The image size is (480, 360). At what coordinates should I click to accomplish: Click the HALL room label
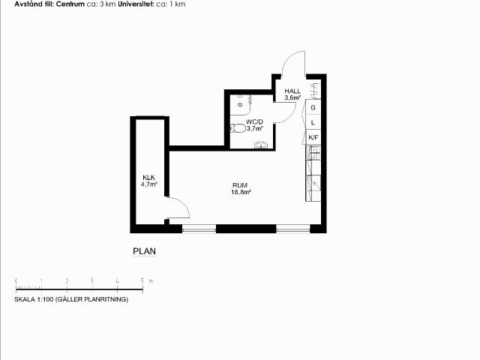[292, 91]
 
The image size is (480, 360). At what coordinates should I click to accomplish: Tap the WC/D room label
[254, 121]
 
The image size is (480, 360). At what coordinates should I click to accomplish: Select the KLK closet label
[148, 178]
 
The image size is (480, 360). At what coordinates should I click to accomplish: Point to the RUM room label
[240, 185]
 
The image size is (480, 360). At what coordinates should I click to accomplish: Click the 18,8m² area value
[241, 192]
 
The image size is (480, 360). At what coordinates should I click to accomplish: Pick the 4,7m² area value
[149, 184]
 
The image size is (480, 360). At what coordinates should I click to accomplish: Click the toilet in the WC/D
[238, 128]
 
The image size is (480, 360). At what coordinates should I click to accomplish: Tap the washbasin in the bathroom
[261, 145]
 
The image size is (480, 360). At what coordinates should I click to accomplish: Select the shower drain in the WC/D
[240, 105]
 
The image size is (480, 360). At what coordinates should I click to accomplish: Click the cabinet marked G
[313, 107]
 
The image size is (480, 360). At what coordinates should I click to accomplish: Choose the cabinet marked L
[313, 122]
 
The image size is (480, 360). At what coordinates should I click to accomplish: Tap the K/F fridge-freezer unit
[313, 137]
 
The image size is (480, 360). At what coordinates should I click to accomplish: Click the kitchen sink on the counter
[313, 152]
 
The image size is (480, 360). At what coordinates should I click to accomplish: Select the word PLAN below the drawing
[145, 251]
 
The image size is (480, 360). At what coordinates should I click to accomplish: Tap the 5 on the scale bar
[142, 280]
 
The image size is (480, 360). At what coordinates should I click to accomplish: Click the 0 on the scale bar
[16, 280]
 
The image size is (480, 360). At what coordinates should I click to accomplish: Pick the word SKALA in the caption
[25, 299]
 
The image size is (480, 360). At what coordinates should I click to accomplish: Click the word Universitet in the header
[136, 4]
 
